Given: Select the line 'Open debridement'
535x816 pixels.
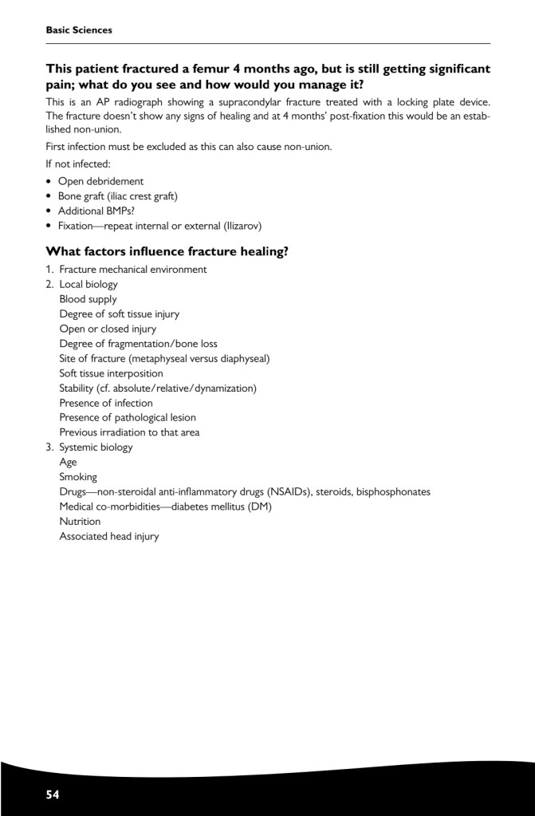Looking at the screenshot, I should pos(100,181).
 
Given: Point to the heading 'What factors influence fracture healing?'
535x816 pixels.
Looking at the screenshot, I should pos(167,251).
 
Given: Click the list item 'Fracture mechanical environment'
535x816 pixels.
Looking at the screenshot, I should pos(132,270).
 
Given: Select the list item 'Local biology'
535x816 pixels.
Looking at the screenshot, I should pos(88,284).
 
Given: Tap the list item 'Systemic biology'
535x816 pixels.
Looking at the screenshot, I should pos(96,447).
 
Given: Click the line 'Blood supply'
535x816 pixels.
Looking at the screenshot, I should pos(88,299).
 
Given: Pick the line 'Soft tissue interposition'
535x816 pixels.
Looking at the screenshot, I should pos(111,373).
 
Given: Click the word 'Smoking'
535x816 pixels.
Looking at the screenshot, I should pos(78,477).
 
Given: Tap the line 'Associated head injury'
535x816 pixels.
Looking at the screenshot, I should pos(108,537).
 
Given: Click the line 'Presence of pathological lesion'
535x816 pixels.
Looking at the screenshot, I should pos(128,417).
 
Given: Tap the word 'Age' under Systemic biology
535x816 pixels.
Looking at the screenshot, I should pos(69,462).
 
